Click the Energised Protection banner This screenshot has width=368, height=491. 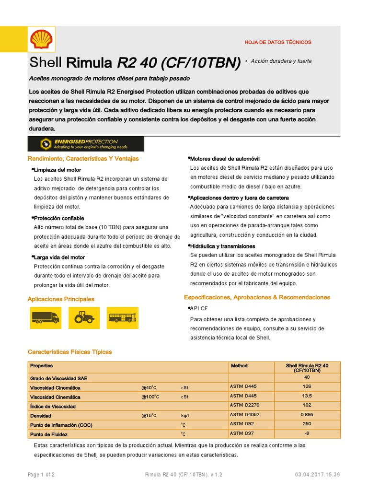(x=86, y=143)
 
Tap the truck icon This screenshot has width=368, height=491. (x=46, y=317)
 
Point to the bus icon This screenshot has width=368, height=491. (x=123, y=317)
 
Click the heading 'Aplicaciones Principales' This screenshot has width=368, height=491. (x=61, y=299)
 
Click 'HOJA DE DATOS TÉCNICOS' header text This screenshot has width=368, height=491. (x=278, y=42)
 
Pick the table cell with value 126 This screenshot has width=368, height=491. (x=307, y=386)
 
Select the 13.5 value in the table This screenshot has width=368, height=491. (x=307, y=396)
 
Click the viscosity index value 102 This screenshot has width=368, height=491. (x=307, y=405)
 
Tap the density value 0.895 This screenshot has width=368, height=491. (x=307, y=414)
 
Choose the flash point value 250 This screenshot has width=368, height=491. (x=307, y=423)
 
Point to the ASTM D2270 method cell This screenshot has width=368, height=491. (x=245, y=405)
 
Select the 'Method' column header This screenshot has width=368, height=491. (x=239, y=366)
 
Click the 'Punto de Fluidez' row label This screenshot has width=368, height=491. (x=48, y=434)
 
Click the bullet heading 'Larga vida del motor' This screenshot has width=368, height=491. (x=59, y=257)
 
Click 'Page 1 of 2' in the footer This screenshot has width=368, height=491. (x=41, y=475)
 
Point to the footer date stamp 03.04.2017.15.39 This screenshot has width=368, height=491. (x=317, y=475)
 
